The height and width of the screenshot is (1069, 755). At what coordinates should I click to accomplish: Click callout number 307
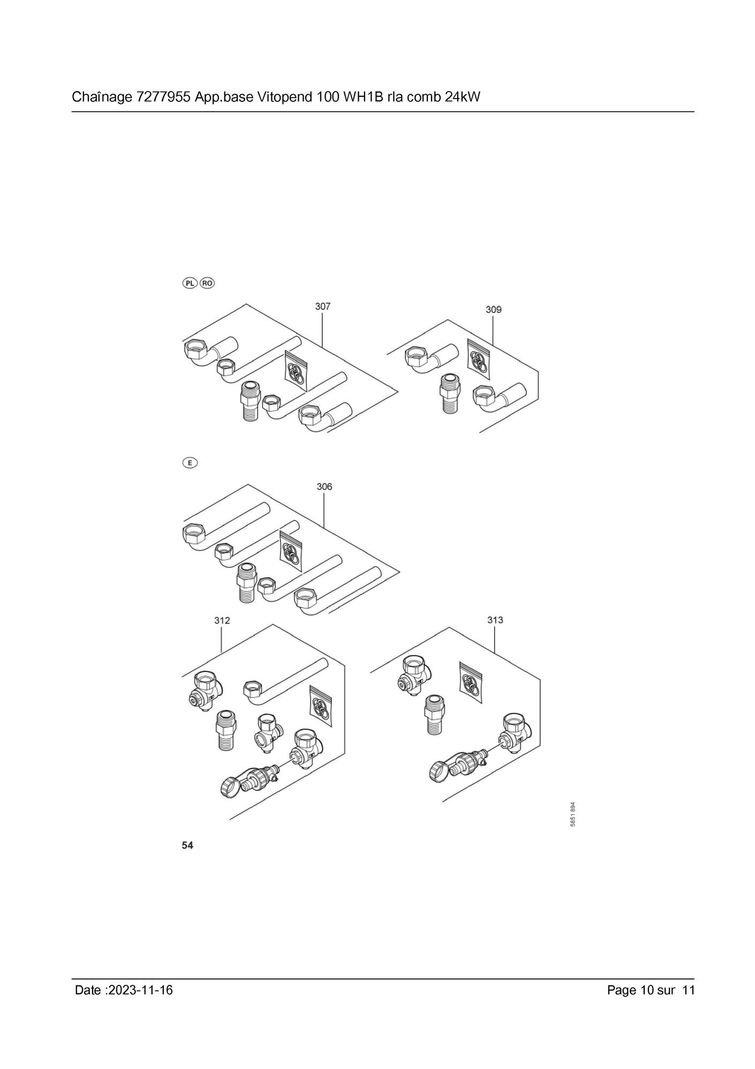click(322, 306)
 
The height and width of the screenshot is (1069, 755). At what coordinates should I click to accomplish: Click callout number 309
click(493, 309)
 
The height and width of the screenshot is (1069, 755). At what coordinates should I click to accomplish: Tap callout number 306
click(324, 487)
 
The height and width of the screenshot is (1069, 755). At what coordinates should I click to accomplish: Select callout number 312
click(222, 620)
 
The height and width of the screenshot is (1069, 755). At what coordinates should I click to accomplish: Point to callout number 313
click(495, 619)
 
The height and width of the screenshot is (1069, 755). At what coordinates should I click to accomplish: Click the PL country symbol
click(190, 283)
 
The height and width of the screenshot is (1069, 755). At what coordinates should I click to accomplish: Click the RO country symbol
click(207, 283)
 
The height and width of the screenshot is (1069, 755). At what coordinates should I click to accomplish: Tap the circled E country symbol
click(190, 462)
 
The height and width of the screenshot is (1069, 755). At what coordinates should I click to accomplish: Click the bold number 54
click(187, 845)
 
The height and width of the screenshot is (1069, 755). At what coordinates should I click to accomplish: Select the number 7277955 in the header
click(164, 97)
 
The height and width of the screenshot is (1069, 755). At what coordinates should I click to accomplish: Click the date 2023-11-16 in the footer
click(140, 990)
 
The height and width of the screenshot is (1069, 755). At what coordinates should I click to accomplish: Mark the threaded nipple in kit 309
click(449, 393)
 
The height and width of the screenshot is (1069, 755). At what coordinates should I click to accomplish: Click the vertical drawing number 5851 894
click(572, 814)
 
